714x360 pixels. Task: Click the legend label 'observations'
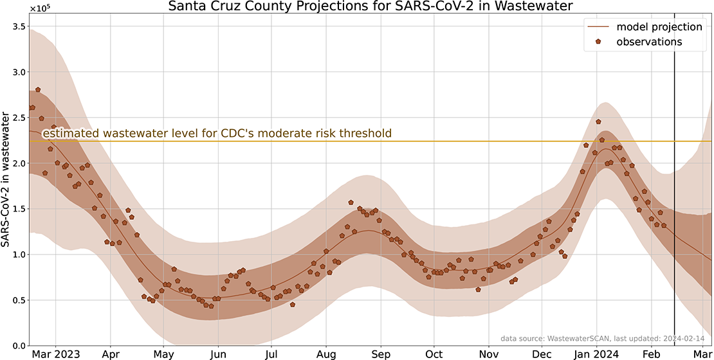click(649, 42)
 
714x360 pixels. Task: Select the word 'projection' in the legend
click(675, 27)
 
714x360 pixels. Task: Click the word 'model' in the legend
click(631, 27)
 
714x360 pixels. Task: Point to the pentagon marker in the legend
click(598, 42)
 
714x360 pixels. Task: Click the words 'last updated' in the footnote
click(638, 338)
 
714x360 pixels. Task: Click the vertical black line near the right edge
click(674, 193)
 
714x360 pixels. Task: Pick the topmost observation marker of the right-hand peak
click(598, 122)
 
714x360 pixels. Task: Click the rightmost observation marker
click(664, 225)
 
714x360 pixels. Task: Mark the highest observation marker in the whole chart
click(38, 90)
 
